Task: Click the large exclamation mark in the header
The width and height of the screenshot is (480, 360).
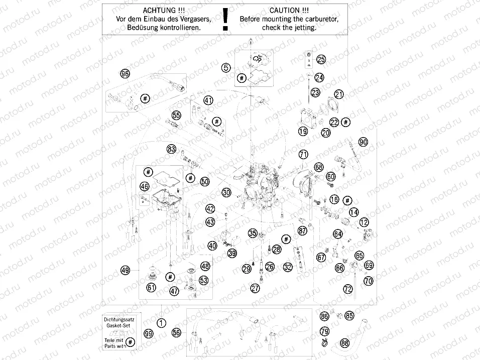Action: click(x=225, y=20)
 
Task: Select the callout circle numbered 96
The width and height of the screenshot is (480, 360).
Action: click(x=125, y=74)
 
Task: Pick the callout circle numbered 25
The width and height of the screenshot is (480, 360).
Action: click(x=321, y=60)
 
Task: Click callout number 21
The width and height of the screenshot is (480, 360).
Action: click(x=339, y=94)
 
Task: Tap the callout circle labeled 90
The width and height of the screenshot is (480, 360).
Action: click(x=363, y=142)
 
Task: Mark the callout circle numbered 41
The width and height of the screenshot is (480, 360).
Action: click(x=208, y=100)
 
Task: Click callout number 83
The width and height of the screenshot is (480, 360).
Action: click(x=172, y=149)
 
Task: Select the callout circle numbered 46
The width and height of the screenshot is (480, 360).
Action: click(x=145, y=186)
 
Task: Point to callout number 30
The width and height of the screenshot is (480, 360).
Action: click(x=226, y=192)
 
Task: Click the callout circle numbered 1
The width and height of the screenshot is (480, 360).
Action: click(x=161, y=323)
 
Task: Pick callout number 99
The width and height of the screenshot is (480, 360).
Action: click(x=148, y=333)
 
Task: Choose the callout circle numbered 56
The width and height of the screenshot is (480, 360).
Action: click(x=176, y=332)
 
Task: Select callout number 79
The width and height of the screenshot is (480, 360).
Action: click(x=325, y=331)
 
